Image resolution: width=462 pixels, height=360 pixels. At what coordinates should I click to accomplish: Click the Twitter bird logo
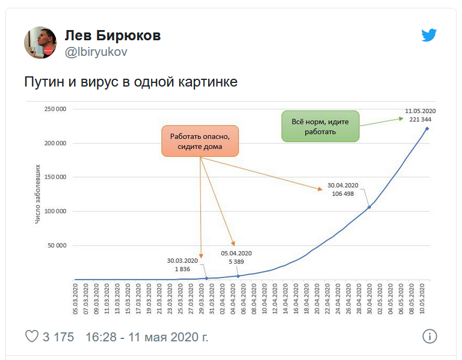pyautogui.click(x=429, y=35)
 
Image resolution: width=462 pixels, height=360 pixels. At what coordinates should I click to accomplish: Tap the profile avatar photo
pyautogui.click(x=40, y=43)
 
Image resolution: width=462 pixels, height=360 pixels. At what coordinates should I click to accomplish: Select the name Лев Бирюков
pyautogui.click(x=112, y=36)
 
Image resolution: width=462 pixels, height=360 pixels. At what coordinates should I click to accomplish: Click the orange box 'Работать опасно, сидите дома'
pyautogui.click(x=200, y=141)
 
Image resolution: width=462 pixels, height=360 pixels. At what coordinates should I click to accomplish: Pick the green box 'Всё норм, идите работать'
pyautogui.click(x=320, y=126)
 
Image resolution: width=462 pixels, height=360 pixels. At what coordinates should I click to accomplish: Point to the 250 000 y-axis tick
pyautogui.click(x=57, y=109)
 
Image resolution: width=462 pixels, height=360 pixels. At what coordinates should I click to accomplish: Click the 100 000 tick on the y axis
pyautogui.click(x=57, y=211)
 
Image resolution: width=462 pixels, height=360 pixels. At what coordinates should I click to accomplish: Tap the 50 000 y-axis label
pyautogui.click(x=59, y=245)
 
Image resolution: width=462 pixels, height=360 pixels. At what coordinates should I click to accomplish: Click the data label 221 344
pyautogui.click(x=420, y=120)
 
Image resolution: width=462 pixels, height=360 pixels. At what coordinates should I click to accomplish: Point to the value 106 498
pyautogui.click(x=343, y=194)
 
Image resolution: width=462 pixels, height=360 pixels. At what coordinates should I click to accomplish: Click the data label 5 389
pyautogui.click(x=236, y=262)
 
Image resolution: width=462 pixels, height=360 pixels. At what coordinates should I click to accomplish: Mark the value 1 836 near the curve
pyautogui.click(x=183, y=269)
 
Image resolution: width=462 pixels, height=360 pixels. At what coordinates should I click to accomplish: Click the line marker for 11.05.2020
pyautogui.click(x=427, y=128)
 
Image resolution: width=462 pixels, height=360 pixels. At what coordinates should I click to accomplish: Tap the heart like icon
pyautogui.click(x=31, y=336)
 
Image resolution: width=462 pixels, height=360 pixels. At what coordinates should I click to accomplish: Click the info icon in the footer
pyautogui.click(x=430, y=336)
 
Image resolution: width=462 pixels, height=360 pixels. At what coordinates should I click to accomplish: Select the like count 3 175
pyautogui.click(x=58, y=337)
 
